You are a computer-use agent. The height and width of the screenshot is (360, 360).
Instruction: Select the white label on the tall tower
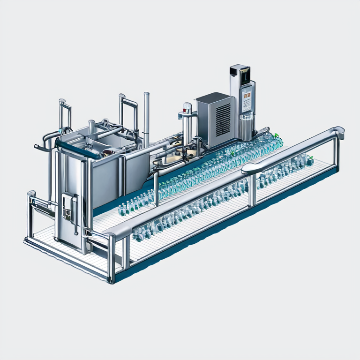[247, 99]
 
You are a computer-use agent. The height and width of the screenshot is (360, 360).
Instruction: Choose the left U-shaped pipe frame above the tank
[63, 112]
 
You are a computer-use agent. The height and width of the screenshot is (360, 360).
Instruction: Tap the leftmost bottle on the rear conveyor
[122, 209]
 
